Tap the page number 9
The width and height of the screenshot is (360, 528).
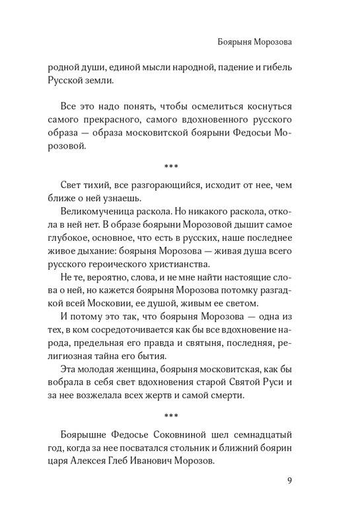pyautogui.click(x=290, y=480)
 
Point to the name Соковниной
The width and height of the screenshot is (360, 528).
pyautogui.click(x=194, y=435)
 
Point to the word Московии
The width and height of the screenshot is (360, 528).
pyautogui.click(x=119, y=303)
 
